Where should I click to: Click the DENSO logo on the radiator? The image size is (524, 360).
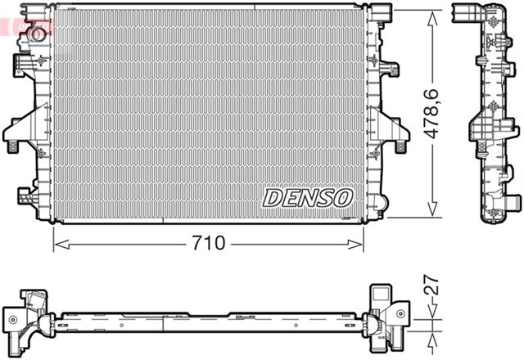point(307,198)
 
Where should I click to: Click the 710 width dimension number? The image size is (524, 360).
point(207,243)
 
